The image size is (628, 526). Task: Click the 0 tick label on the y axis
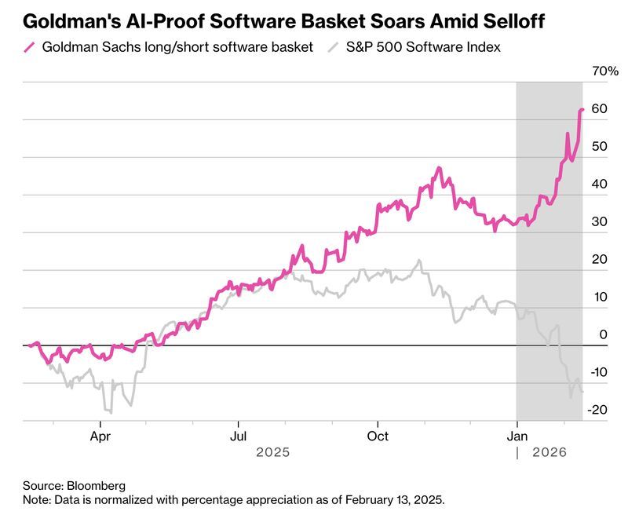click(x=604, y=334)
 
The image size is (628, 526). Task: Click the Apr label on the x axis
click(x=100, y=436)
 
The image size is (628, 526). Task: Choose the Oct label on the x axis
click(x=378, y=436)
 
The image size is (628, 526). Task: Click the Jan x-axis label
click(x=517, y=436)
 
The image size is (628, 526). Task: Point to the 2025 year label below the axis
click(x=273, y=453)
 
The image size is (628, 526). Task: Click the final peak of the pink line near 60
click(x=582, y=110)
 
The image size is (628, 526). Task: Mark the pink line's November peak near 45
click(x=439, y=168)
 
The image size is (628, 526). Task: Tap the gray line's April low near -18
click(x=110, y=411)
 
